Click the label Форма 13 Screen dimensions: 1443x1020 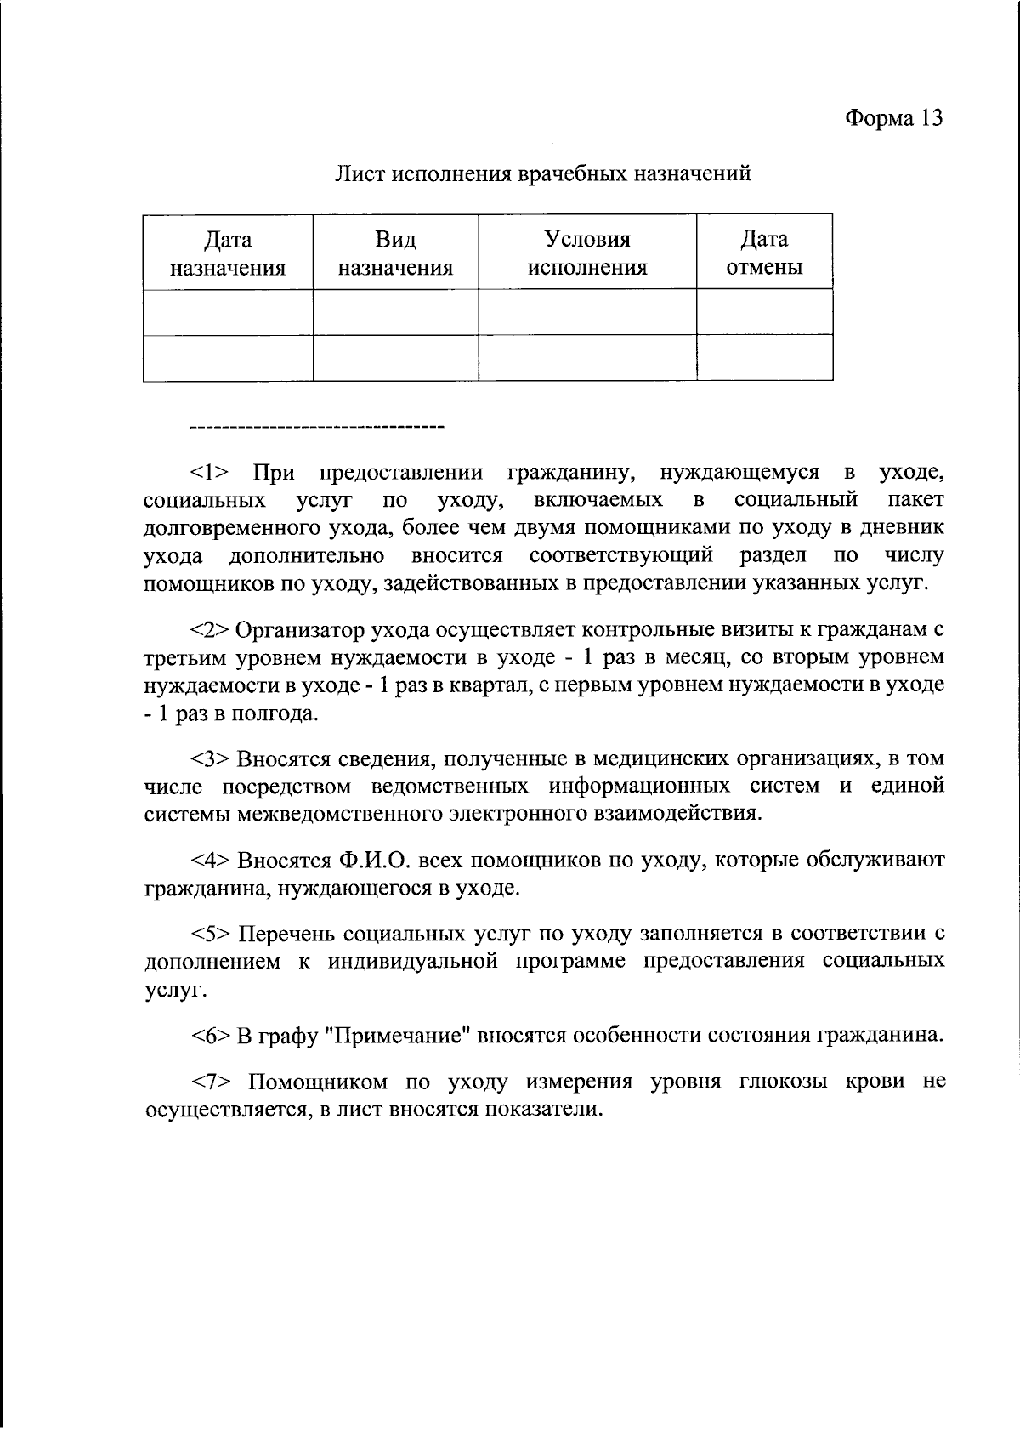click(893, 118)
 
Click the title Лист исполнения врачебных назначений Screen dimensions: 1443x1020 click(542, 174)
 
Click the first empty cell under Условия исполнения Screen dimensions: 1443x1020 click(587, 312)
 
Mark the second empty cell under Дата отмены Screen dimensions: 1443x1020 click(763, 358)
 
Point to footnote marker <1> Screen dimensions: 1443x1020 click(210, 473)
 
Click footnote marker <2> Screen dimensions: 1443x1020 click(210, 630)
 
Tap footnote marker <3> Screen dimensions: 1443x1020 click(210, 758)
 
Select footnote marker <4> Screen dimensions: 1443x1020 click(210, 861)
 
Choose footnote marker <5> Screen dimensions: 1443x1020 click(210, 934)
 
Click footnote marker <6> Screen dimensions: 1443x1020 click(210, 1036)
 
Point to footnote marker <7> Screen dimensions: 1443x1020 click(210, 1082)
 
